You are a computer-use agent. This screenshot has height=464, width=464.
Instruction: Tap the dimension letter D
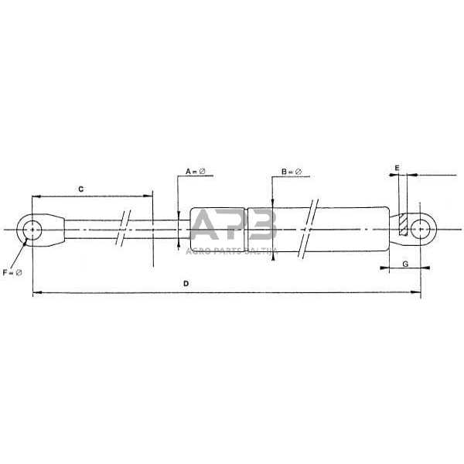click(x=186, y=284)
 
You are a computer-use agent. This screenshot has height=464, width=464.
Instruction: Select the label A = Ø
click(x=195, y=170)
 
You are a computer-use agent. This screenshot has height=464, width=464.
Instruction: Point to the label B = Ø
click(x=291, y=171)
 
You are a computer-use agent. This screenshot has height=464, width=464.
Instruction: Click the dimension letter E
click(x=397, y=167)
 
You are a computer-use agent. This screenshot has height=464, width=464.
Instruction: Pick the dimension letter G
click(x=406, y=264)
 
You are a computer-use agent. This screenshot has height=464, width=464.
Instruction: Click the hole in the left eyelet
click(x=32, y=230)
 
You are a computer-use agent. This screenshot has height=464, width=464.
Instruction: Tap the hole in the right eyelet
click(x=420, y=229)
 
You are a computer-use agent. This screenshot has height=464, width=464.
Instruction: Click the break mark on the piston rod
click(x=124, y=229)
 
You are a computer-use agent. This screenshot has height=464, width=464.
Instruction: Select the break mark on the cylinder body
click(x=309, y=229)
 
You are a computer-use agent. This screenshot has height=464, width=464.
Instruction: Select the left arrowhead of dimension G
click(x=384, y=268)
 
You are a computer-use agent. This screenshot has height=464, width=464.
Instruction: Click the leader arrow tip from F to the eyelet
click(x=28, y=241)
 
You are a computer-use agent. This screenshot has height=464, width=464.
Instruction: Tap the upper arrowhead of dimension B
click(x=272, y=203)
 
